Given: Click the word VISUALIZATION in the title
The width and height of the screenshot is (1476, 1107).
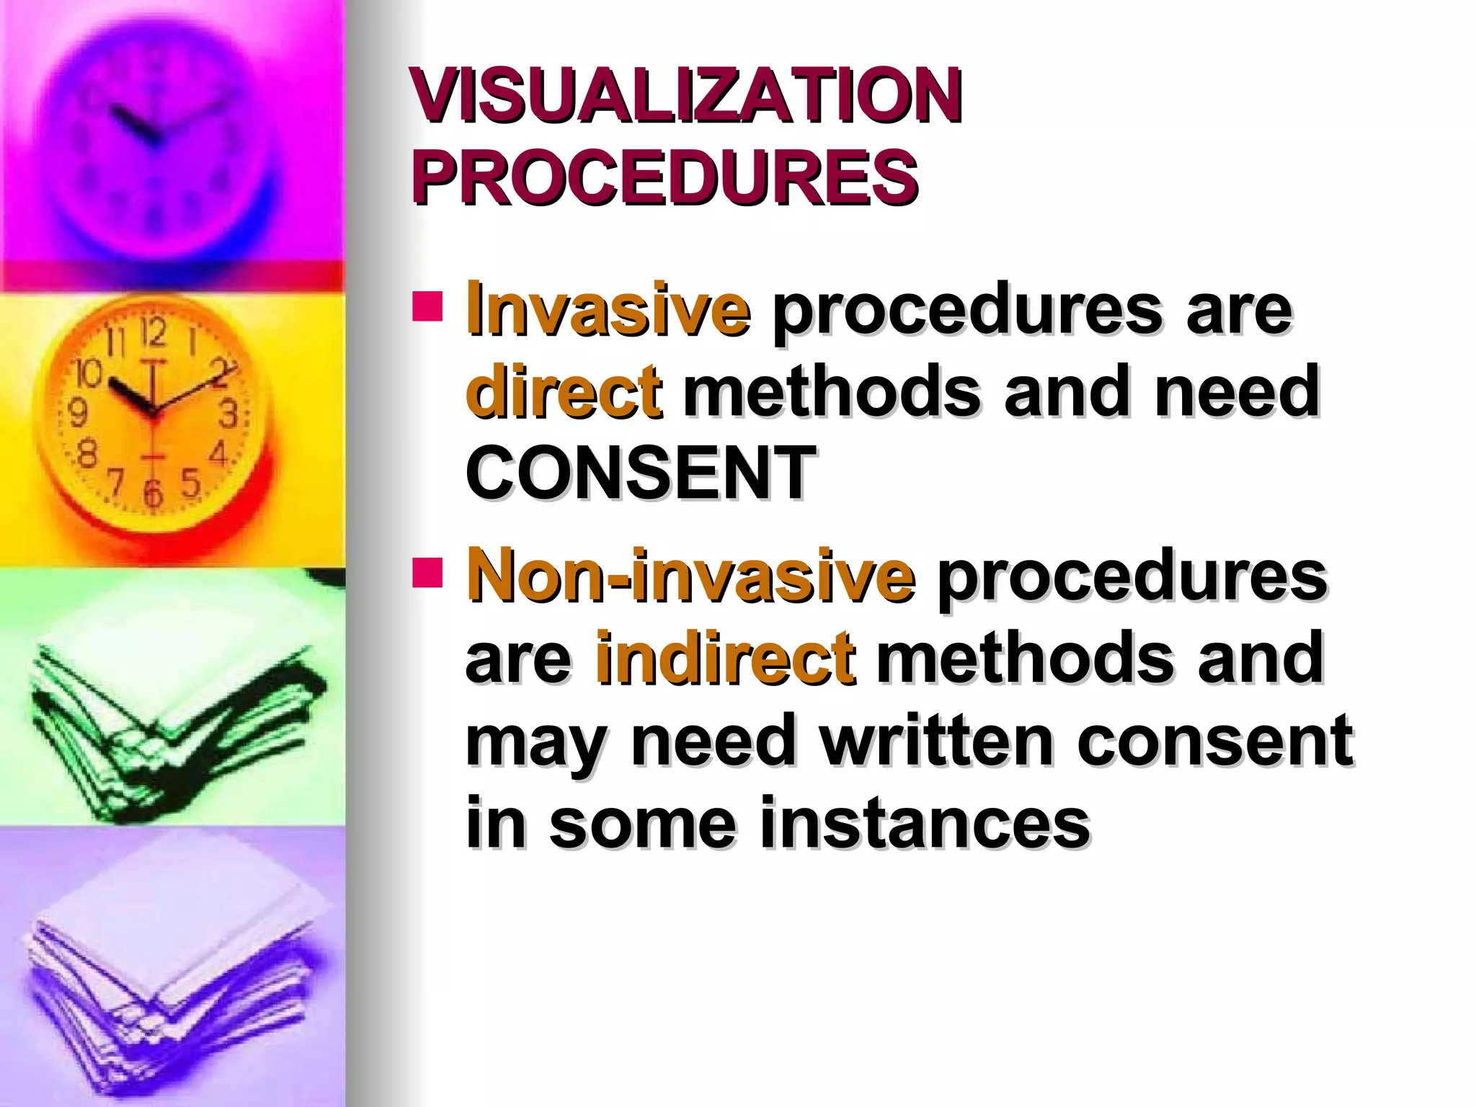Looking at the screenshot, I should (686, 97).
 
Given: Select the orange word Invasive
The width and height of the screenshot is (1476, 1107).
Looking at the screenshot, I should (608, 311).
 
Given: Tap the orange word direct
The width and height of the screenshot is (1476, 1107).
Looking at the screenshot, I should (563, 392).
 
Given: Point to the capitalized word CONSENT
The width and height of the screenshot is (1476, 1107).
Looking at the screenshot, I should (641, 473).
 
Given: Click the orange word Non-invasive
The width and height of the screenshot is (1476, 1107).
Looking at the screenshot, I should (691, 577).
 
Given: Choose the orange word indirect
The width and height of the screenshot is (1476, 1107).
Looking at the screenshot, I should (725, 657).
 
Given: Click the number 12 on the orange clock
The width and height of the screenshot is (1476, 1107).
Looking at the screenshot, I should (153, 333).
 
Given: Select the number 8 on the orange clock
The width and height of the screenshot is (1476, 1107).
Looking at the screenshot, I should (86, 455).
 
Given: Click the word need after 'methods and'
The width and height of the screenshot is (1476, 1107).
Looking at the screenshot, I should (1237, 392).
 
